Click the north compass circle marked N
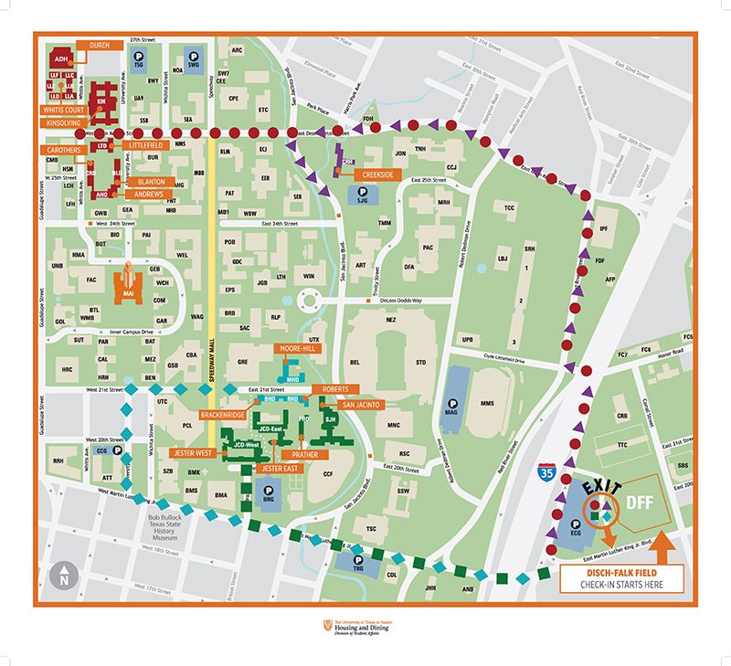click(64, 576)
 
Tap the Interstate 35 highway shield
click(546, 473)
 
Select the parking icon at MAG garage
click(452, 403)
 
